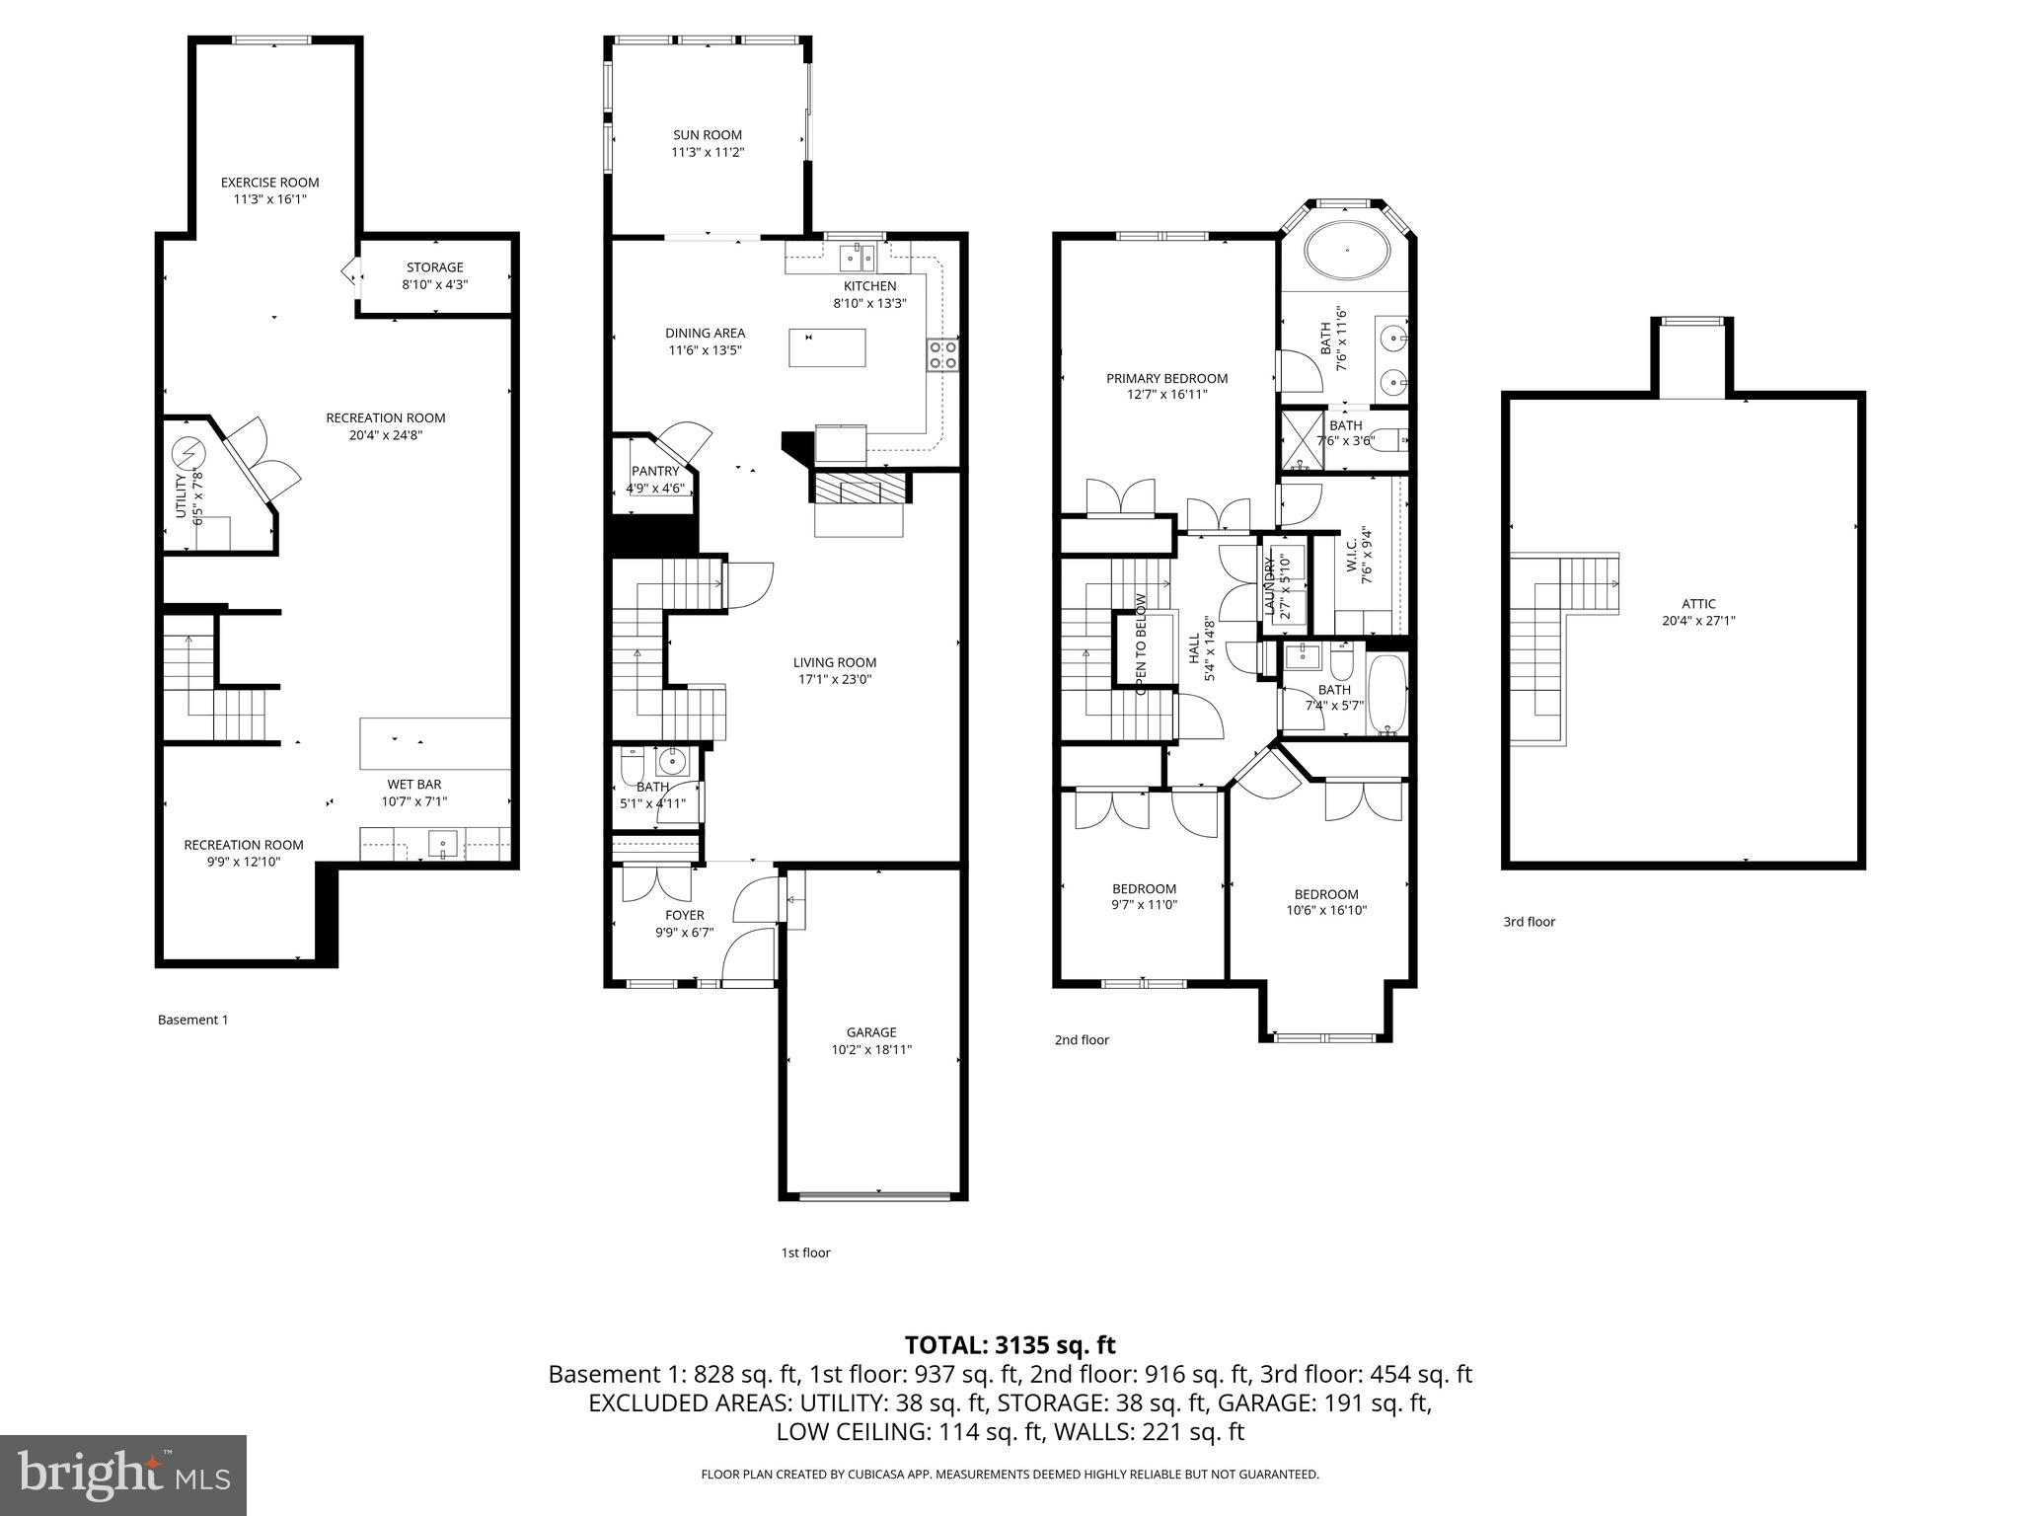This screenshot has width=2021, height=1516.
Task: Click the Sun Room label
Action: coord(707,135)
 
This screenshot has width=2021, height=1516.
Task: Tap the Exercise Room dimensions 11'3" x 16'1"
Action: coord(269,199)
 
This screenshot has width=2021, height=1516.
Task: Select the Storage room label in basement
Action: coord(434,267)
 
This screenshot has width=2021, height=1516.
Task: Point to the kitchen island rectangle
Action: coord(827,347)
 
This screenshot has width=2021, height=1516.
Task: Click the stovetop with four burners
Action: coord(942,354)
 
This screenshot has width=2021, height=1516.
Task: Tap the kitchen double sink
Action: coord(857,259)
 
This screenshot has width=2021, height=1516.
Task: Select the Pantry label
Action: coord(655,471)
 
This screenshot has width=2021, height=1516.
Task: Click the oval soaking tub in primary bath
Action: coord(1348,252)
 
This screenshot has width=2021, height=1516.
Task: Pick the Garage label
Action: coord(870,1032)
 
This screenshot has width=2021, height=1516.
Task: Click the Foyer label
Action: coord(684,915)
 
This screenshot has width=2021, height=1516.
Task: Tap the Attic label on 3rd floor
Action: coord(1698,604)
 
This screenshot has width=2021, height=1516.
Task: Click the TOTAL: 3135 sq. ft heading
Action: coord(1010,1344)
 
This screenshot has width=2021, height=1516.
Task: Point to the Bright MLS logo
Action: coord(123,1476)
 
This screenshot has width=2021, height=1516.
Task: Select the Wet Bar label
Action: coord(413,785)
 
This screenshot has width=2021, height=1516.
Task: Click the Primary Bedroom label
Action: coord(1166,378)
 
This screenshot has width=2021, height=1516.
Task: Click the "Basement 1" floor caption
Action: coord(192,1020)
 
